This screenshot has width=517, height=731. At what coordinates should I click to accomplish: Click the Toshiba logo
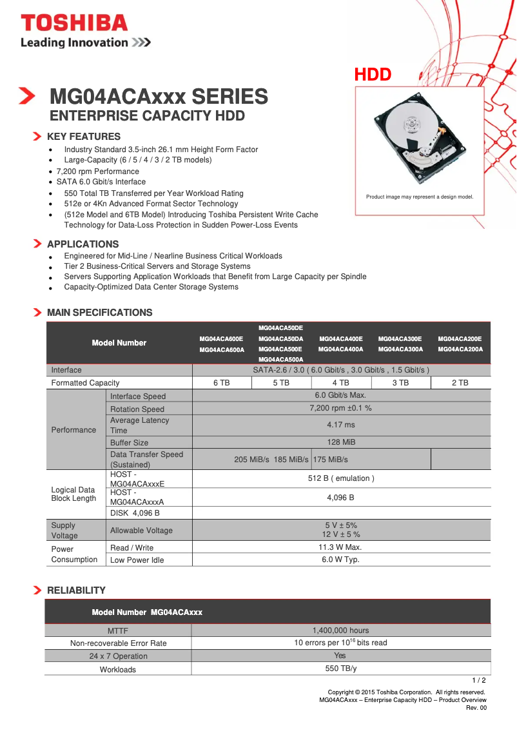(x=74, y=23)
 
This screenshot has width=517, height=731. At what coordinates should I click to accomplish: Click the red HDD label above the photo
(x=373, y=75)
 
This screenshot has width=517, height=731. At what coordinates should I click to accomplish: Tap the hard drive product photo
(x=420, y=141)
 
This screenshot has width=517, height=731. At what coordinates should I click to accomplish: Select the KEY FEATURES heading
(x=84, y=137)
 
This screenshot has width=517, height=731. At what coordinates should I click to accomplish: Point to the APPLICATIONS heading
(x=83, y=244)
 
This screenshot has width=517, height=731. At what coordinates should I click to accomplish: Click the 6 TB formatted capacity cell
(x=222, y=383)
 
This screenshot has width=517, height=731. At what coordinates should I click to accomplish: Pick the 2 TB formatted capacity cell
(x=460, y=383)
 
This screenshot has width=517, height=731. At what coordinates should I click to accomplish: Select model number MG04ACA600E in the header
(x=221, y=338)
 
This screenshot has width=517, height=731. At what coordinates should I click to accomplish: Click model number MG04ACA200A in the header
(x=460, y=349)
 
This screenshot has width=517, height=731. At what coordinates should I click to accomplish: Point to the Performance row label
(x=73, y=430)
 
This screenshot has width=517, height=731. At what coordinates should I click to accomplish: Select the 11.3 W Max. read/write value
(x=340, y=547)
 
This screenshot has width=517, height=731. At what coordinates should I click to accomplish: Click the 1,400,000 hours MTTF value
(x=340, y=630)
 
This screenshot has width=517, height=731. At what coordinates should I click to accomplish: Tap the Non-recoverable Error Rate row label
(x=118, y=643)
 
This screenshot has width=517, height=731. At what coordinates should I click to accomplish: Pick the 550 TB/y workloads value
(x=340, y=669)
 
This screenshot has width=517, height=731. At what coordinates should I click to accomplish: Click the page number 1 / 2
(x=479, y=680)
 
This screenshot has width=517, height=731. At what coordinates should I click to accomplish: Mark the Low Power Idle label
(x=137, y=560)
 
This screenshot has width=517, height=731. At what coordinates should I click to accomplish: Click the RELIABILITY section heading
(x=76, y=590)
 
